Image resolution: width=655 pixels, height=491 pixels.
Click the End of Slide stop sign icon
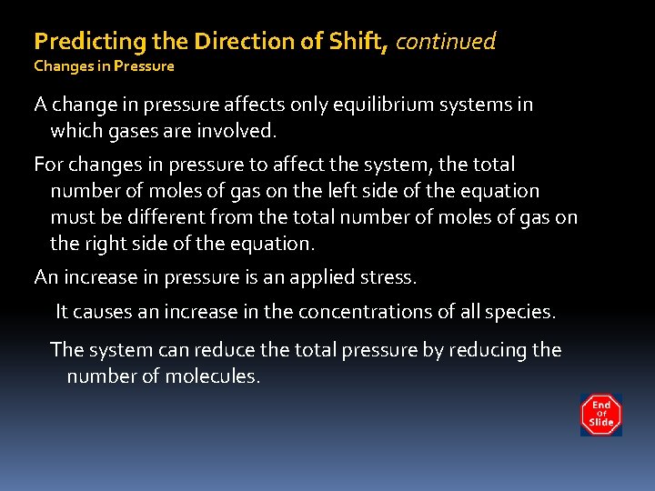(x=601, y=415)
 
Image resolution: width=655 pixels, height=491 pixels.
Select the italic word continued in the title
(x=446, y=42)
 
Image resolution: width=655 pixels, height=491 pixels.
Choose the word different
(x=165, y=217)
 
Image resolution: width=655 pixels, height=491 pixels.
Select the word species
(x=520, y=312)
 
